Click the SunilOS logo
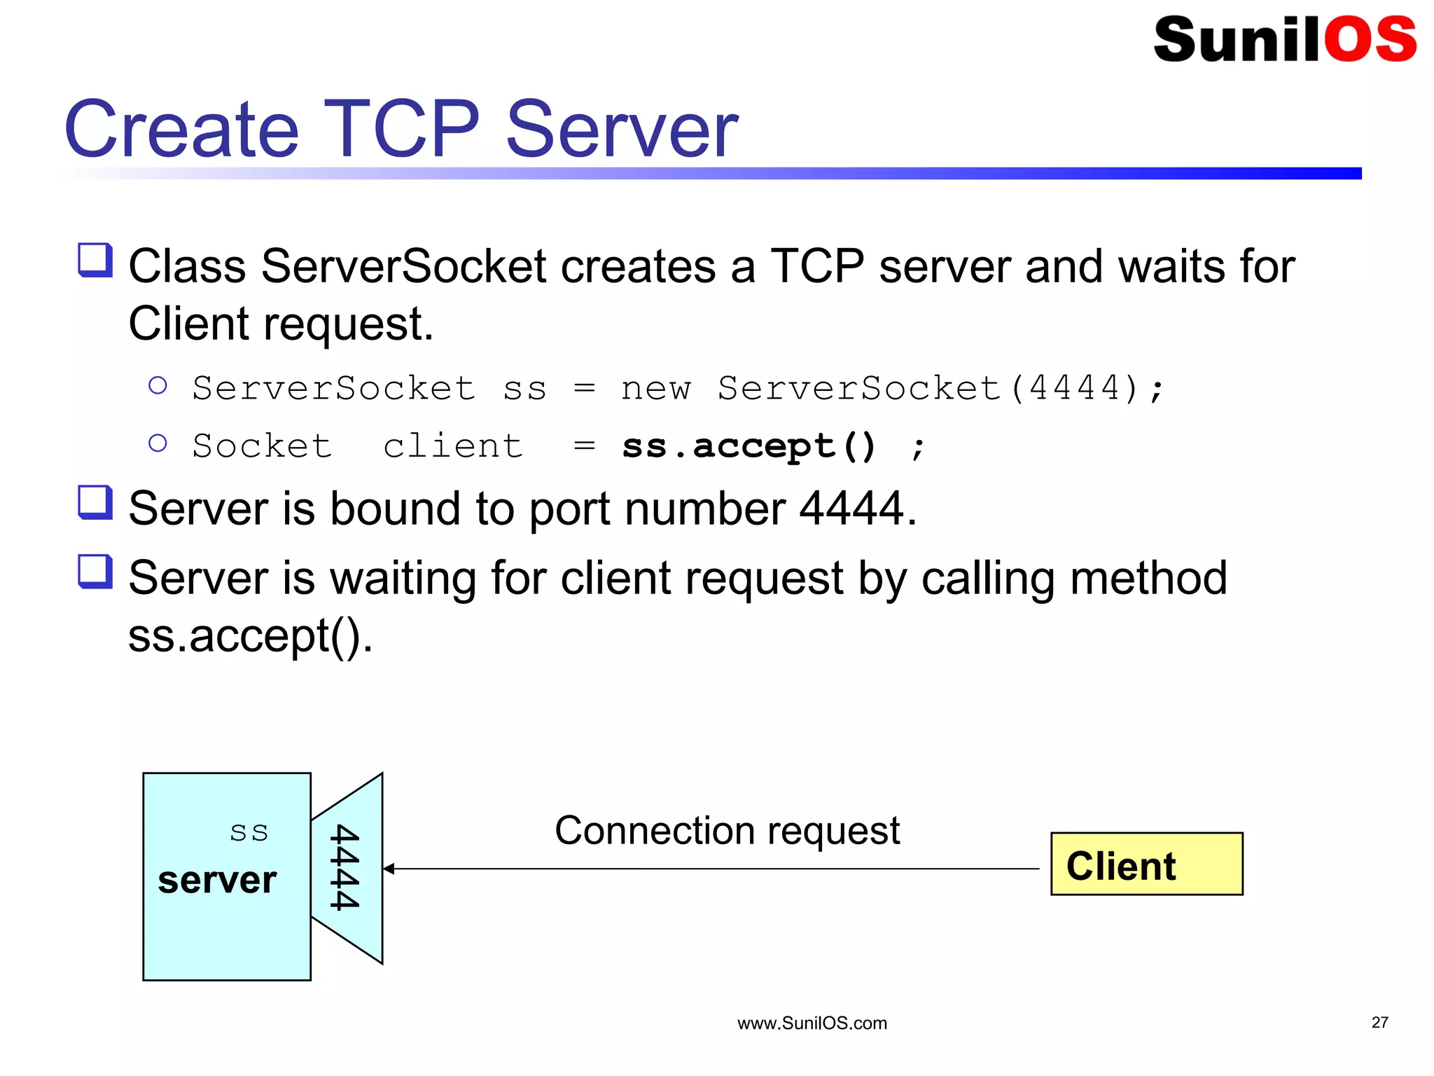click(x=1284, y=39)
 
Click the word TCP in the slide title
click(x=401, y=130)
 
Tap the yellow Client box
click(x=1146, y=864)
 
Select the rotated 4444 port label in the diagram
click(x=344, y=867)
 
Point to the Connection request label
click(x=727, y=831)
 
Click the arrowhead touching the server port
click(x=389, y=869)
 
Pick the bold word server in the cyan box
click(x=217, y=880)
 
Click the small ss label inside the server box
click(x=249, y=832)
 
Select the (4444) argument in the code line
click(x=1075, y=388)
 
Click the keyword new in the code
click(x=655, y=388)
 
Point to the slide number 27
click(x=1379, y=1022)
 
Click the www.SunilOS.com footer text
click(x=812, y=1023)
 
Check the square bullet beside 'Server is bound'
click(x=95, y=503)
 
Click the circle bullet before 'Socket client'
click(x=158, y=443)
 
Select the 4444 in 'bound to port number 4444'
click(x=851, y=509)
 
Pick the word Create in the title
click(x=182, y=130)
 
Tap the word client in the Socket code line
click(x=453, y=446)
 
